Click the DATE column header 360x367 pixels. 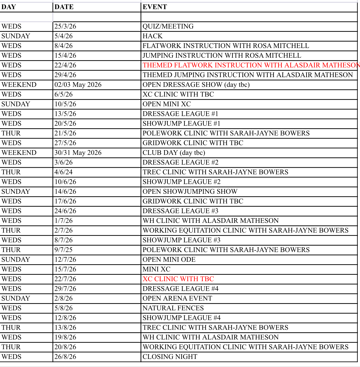coord(64,7)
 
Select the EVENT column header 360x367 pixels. coord(155,7)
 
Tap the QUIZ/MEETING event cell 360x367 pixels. coord(168,26)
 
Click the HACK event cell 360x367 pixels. coord(152,36)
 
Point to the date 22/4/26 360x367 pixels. coord(65,65)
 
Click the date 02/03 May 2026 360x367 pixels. coord(78,85)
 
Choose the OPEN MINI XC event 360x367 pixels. coord(166,104)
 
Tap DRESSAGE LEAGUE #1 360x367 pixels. coord(180,114)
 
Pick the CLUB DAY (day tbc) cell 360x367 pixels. coord(174,153)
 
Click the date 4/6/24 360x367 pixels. coord(63,172)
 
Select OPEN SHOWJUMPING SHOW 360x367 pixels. coord(190,192)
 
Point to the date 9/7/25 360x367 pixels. coord(63,250)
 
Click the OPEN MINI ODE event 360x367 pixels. coord(169,260)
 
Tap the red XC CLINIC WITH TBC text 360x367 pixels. coord(178,279)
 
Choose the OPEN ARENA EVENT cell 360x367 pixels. coord(177,298)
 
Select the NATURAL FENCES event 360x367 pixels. coord(173,308)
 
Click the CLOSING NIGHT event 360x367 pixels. coord(170,357)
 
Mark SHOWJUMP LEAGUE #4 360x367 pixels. coord(181,318)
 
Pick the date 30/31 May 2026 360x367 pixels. coord(78,153)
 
